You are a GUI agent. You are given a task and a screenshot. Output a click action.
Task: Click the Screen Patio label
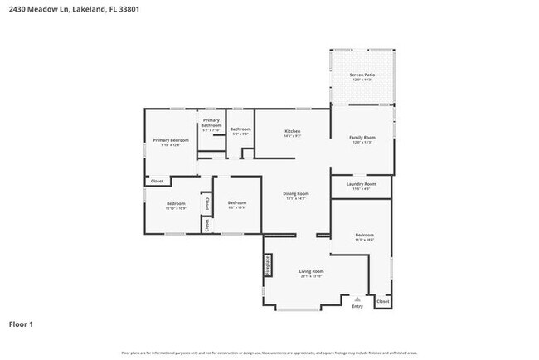362,75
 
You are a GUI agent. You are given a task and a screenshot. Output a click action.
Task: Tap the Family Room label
362,137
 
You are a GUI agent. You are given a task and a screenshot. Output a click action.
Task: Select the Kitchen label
292,131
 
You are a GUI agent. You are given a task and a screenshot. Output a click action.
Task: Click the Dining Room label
296,193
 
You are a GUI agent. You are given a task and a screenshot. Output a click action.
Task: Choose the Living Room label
311,271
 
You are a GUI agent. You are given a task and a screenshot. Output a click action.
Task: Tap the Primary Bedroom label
171,140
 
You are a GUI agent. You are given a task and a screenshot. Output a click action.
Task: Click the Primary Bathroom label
211,123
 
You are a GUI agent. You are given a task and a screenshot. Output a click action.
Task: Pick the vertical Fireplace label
268,265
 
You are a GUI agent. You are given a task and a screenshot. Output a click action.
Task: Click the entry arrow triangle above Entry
357,299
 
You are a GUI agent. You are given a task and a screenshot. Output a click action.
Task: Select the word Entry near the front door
357,306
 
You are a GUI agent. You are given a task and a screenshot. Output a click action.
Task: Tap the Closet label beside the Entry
382,301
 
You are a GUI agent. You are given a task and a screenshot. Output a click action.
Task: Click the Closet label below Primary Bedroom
157,182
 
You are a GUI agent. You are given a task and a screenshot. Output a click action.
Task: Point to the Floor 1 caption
21,324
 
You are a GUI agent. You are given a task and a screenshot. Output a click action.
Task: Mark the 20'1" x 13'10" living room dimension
311,276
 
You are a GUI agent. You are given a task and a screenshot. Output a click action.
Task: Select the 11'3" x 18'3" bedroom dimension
364,240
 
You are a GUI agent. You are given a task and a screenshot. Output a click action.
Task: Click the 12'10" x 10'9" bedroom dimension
176,208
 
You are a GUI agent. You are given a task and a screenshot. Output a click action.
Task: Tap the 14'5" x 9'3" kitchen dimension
292,136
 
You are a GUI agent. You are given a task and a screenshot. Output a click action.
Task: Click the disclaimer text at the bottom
269,353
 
